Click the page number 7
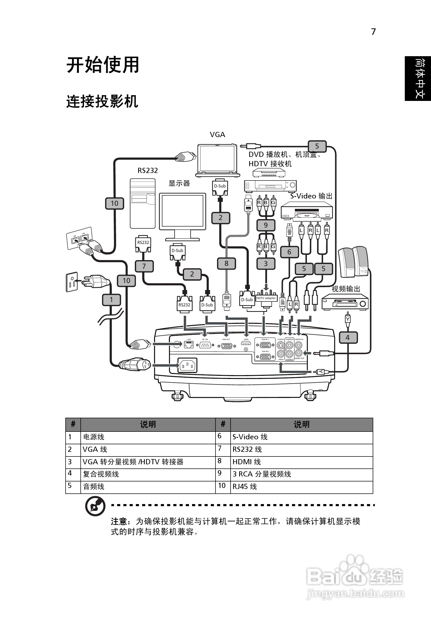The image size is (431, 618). click(373, 32)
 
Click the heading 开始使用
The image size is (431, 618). click(103, 65)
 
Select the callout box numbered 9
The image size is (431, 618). click(266, 225)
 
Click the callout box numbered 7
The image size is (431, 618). click(144, 266)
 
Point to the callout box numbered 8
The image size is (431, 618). click(226, 263)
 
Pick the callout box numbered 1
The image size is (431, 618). click(111, 300)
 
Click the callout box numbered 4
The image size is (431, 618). click(348, 338)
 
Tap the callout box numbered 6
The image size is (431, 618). click(289, 252)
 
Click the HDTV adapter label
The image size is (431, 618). click(266, 298)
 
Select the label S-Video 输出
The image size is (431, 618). click(311, 196)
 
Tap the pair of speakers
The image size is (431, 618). click(353, 262)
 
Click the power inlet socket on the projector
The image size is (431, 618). click(187, 365)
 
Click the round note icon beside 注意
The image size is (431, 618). click(95, 507)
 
